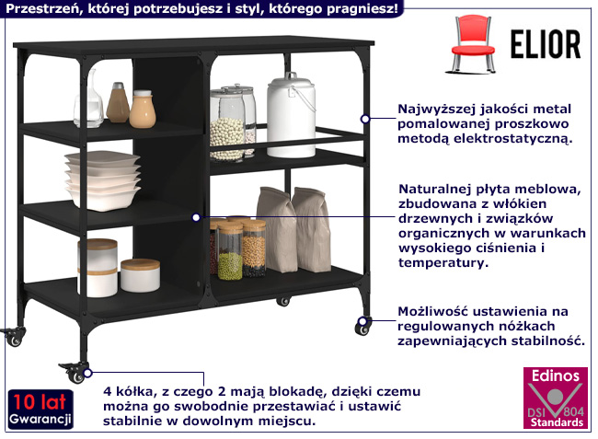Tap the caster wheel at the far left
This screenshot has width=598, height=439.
13,336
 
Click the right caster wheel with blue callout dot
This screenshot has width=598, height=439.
362,326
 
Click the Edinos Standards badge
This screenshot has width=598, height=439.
553,399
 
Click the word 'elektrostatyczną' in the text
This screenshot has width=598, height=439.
519,139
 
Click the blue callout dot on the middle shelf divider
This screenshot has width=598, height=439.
196,217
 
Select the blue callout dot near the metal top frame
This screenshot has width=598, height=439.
365,118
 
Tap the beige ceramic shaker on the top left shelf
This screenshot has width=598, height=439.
142,109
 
